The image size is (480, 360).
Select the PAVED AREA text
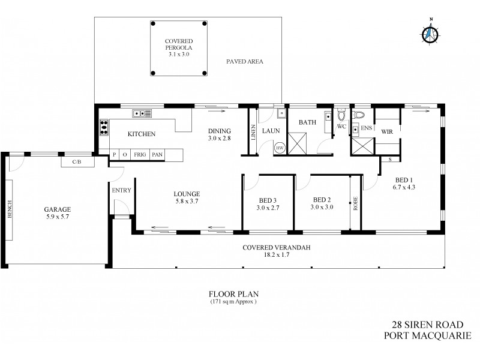244,61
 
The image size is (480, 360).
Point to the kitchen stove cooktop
103,127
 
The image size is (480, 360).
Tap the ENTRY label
121,191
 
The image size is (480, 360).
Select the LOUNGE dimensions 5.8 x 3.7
187,202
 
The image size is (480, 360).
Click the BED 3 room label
268,200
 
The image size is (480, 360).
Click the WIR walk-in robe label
387,131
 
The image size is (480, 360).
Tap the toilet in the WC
341,115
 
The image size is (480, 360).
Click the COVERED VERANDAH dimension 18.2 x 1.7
279,255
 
